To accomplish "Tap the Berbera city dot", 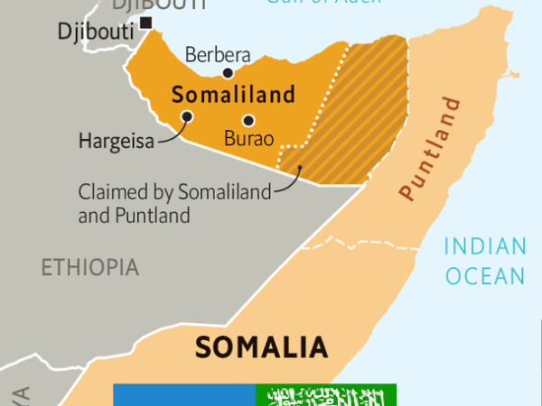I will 228,74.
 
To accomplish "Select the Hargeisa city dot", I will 186,115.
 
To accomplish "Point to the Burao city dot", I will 248,121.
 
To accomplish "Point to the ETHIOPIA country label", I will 89,267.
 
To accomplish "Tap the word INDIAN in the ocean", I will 484,246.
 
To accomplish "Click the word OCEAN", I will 485,275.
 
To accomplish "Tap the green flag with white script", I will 325,394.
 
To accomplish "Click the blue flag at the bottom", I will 184,394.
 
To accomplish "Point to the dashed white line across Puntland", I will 361,243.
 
